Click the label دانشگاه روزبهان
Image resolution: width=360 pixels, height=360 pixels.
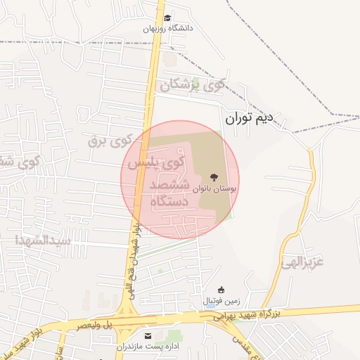pos(167,29)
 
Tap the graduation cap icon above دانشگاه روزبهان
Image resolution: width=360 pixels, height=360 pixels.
pos(167,18)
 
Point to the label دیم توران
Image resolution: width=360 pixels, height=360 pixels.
pos(248,119)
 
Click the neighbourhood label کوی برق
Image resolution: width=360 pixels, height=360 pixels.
pos(110,139)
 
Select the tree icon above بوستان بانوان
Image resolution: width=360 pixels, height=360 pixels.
pos(213,176)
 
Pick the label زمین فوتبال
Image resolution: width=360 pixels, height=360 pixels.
pos(221,301)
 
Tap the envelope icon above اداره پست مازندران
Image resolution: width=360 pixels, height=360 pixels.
pos(148,335)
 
